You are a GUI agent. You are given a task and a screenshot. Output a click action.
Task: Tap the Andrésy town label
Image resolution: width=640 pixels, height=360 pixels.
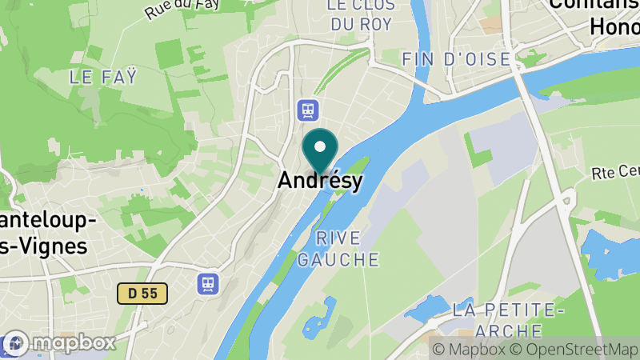tap(320, 181)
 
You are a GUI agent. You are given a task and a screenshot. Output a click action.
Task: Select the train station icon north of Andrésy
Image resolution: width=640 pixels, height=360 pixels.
tap(306, 108)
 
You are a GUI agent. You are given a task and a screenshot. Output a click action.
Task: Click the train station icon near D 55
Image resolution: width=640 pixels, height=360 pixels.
tap(208, 282)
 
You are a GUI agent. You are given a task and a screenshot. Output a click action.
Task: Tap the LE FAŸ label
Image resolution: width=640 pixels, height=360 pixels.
tap(103, 78)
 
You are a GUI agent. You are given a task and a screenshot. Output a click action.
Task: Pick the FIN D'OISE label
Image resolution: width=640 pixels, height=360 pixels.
tap(456, 59)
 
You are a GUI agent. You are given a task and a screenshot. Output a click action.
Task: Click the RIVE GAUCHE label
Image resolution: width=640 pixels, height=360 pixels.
tap(338, 248)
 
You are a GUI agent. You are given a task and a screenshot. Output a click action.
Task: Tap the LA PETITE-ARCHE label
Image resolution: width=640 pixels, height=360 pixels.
tap(509, 318)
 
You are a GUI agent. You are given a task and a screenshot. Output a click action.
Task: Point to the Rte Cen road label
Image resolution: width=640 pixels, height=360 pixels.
tap(615, 172)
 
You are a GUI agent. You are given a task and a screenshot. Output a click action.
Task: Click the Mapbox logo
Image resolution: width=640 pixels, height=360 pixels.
tap(60, 343)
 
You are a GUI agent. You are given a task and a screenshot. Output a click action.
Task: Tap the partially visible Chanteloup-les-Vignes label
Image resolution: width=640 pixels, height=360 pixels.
tap(44, 233)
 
